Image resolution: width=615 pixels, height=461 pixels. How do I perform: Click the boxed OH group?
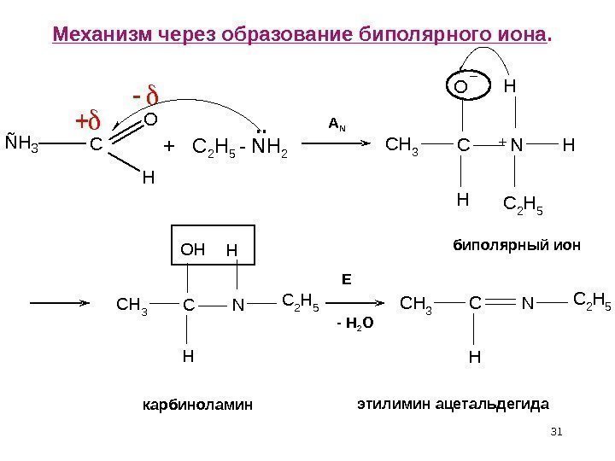pos(194,251)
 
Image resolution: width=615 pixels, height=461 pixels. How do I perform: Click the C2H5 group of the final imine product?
pos(591,299)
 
